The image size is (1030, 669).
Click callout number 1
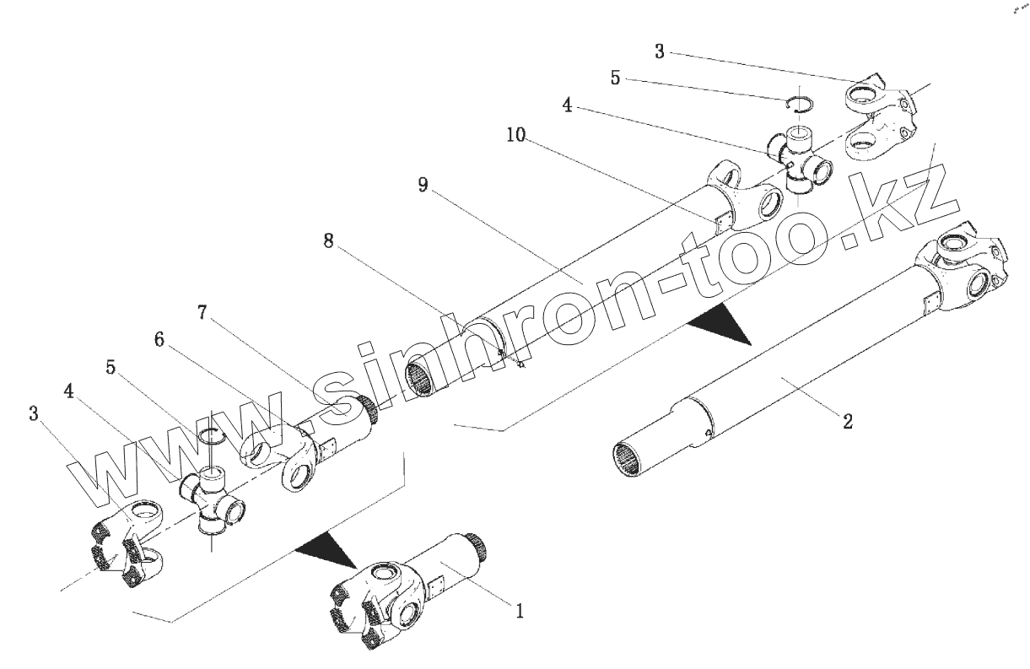click(520, 609)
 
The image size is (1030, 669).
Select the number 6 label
click(159, 340)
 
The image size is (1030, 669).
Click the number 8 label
click(328, 241)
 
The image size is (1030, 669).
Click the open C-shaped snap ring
click(799, 104)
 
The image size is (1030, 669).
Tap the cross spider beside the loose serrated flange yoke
click(211, 501)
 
